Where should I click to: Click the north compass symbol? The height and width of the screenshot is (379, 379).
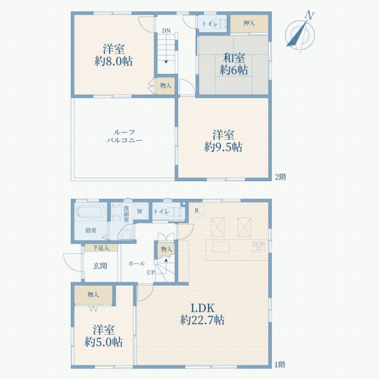pos(299,32)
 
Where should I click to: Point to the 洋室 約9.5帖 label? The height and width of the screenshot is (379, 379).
pos(224,140)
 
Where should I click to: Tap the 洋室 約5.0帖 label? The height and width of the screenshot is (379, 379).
pos(102,335)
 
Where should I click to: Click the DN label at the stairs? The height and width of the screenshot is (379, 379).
pos(165,30)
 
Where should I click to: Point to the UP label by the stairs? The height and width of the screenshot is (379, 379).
pos(152,272)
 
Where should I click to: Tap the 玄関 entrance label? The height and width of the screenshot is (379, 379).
pos(100,265)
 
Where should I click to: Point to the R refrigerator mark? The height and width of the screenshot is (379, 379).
pos(197,210)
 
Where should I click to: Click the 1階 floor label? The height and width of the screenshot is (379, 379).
pos(280,364)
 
